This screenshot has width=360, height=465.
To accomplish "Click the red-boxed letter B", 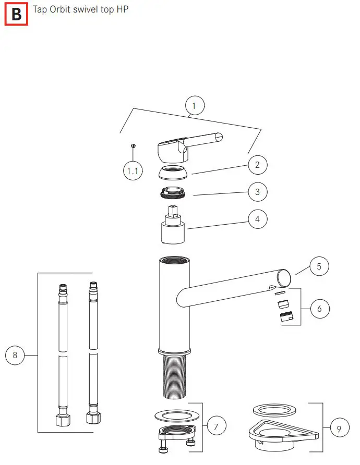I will click(x=16, y=14).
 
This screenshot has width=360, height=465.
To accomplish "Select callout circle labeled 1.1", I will click(x=133, y=171).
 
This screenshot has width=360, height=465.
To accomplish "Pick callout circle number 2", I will click(x=257, y=165).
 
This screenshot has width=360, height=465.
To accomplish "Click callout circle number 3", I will click(x=257, y=192).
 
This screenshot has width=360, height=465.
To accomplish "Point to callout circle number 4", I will click(x=257, y=219).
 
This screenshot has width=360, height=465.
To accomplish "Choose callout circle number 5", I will click(x=319, y=267).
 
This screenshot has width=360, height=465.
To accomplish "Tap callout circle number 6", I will click(x=320, y=309).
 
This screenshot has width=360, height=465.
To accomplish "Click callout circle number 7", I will click(x=217, y=426).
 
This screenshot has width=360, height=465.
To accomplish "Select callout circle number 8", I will click(x=15, y=356).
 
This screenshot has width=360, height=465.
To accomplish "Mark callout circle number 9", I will click(x=339, y=429).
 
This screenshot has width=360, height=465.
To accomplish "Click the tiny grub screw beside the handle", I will click(x=134, y=145).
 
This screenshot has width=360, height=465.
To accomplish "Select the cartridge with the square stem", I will click(x=172, y=226).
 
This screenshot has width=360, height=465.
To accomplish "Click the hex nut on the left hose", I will click(x=63, y=419).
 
